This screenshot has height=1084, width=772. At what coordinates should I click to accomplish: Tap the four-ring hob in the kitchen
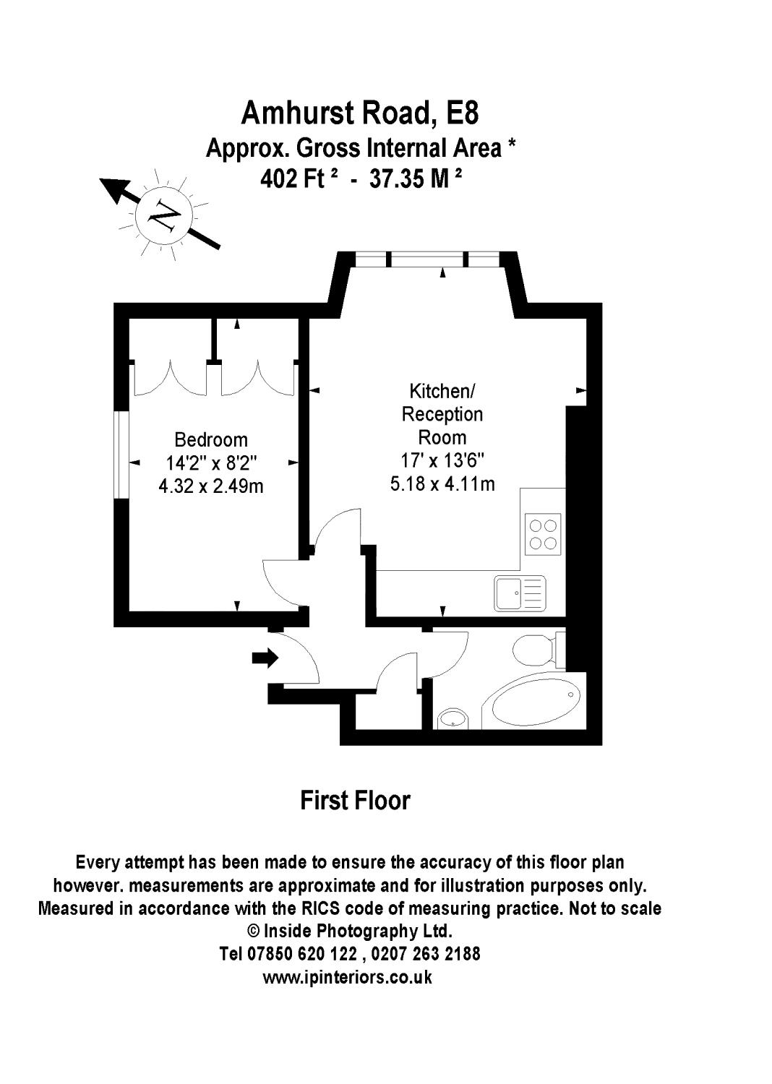pos(543,534)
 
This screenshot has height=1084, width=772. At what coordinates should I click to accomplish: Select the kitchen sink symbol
pos(520,593)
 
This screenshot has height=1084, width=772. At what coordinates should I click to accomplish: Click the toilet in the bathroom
pos(539,650)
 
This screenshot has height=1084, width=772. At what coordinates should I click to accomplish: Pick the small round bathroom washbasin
pos(453,718)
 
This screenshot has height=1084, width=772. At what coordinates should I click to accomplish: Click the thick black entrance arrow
pos(265,658)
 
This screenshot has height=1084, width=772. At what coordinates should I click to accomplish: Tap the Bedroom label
pos(211,440)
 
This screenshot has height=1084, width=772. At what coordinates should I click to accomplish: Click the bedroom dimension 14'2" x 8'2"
pos(211,463)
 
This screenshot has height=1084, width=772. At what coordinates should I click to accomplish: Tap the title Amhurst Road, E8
pos(360,113)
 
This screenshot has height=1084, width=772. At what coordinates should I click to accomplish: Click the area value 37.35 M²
pos(416,179)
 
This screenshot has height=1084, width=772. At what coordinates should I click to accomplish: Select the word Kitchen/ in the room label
pos(442,391)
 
